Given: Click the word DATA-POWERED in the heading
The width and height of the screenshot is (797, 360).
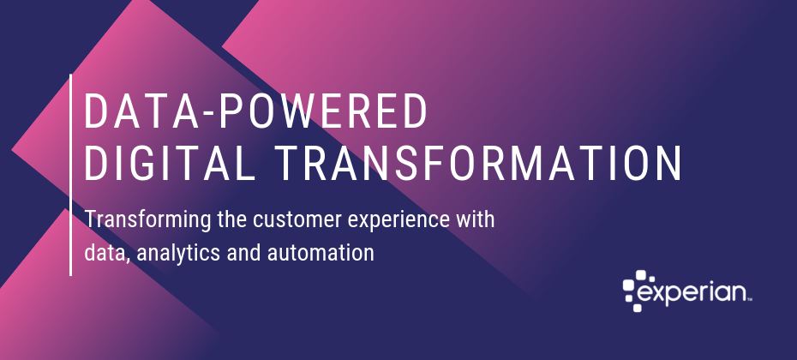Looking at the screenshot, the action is [x=255, y=111].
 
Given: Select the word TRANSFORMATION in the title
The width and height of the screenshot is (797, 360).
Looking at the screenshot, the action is [x=480, y=163].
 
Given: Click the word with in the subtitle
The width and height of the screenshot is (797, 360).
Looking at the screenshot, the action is [x=475, y=219].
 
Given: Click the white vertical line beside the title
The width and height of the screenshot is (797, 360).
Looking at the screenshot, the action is [x=70, y=175].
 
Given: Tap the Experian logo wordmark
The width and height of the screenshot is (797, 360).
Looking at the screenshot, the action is [x=692, y=294].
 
